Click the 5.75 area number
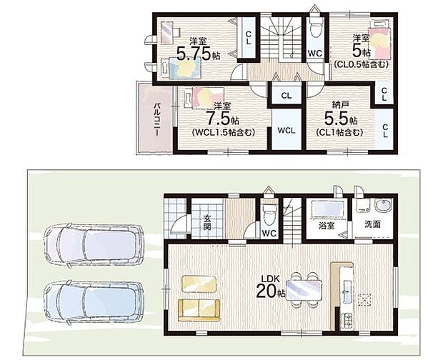coord(194,54)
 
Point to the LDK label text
coord(270,279)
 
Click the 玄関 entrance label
coord(207,222)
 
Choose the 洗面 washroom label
coord(372,224)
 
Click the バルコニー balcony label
coord(157,120)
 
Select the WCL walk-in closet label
coord(287,131)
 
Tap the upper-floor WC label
coord(315,54)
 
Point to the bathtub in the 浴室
coord(327,209)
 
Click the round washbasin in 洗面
coord(384,205)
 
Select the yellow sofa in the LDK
coord(199,310)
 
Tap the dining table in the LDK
coord(304,291)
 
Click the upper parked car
coord(94,244)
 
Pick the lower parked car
coord(93,301)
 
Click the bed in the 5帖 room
coord(379,41)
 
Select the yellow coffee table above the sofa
coord(199,284)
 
